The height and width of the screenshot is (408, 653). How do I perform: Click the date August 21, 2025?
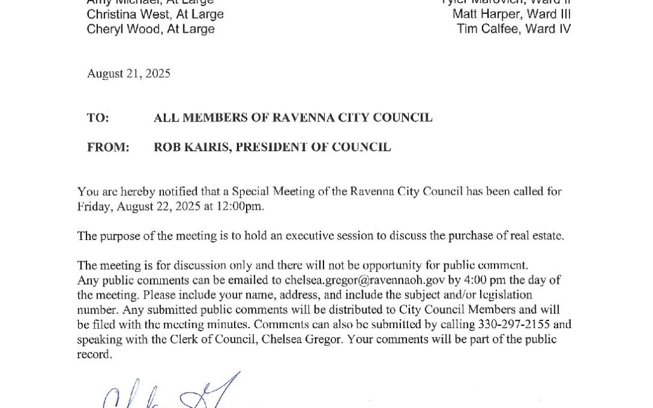(x=128, y=74)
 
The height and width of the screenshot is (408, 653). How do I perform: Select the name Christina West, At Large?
(x=155, y=14)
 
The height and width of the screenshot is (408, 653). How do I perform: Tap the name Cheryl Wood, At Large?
(x=151, y=29)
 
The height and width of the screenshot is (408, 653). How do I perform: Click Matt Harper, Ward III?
(x=511, y=14)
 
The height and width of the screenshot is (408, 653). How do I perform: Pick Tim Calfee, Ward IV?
(x=513, y=29)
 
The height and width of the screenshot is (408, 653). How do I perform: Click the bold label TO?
(x=98, y=118)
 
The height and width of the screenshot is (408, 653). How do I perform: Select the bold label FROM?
(x=108, y=147)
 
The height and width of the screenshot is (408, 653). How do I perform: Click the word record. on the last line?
(x=94, y=355)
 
